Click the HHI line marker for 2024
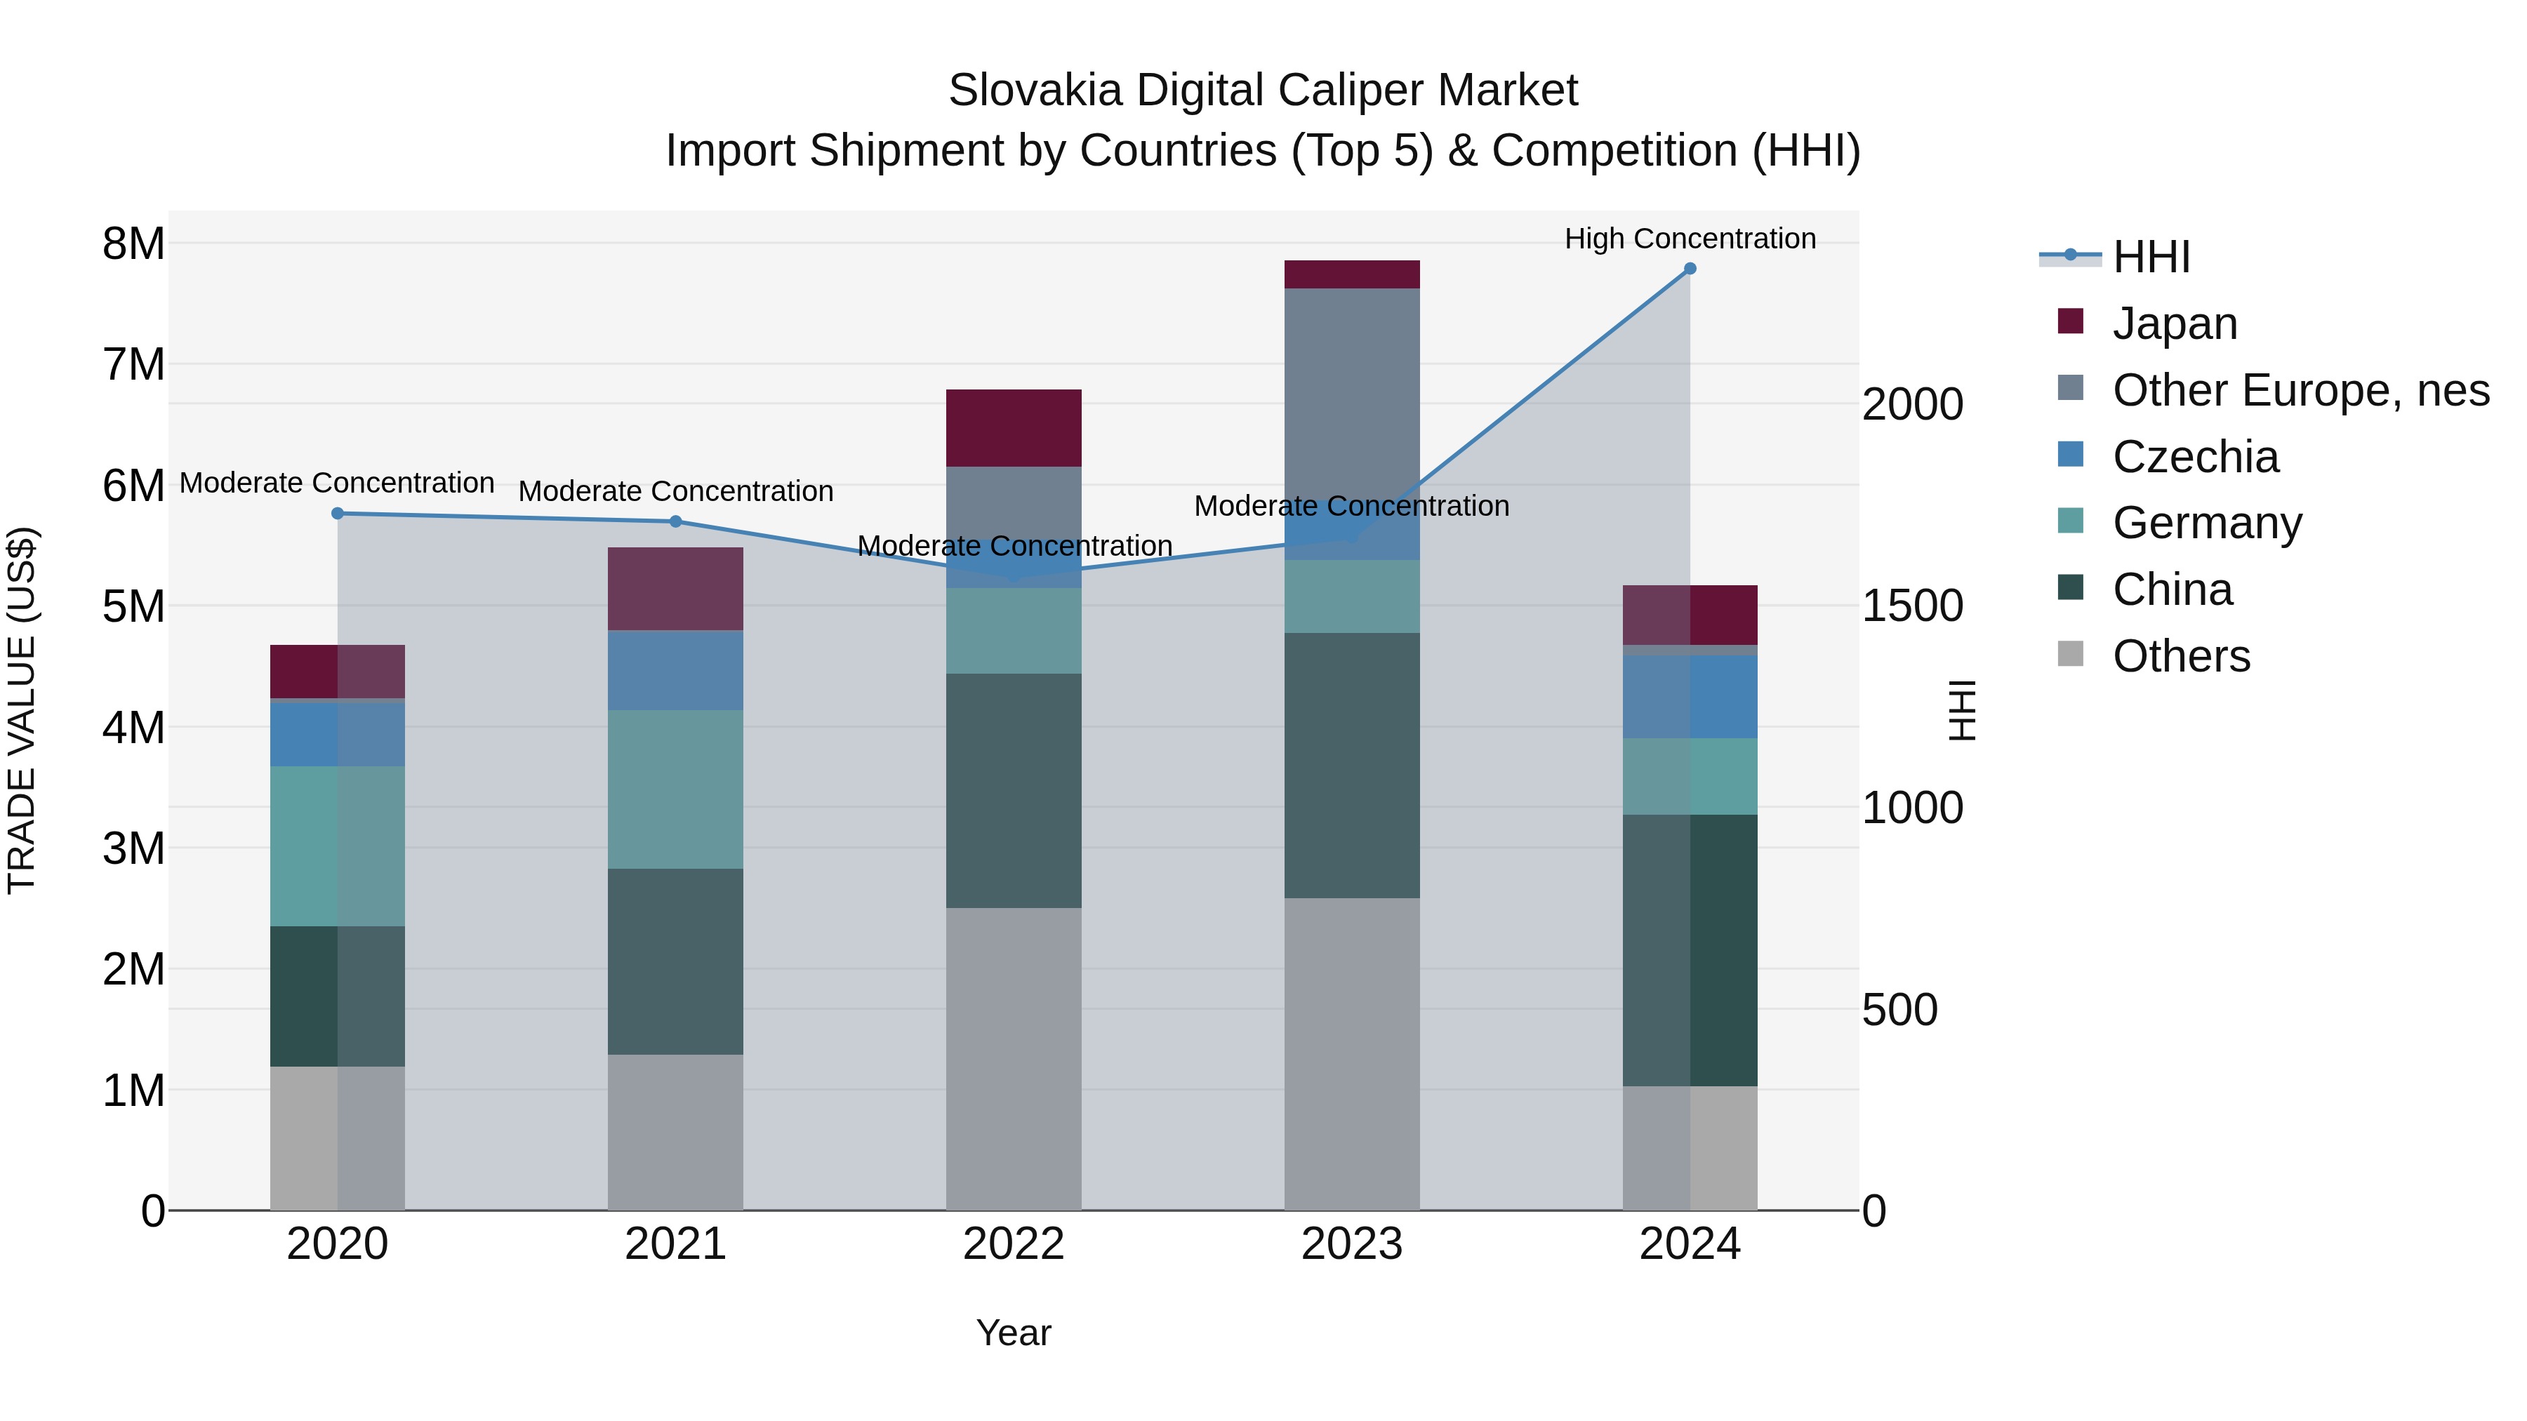[1690, 269]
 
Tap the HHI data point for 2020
[338, 513]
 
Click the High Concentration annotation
[1690, 239]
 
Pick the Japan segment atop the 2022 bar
[1014, 427]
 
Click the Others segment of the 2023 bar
[1352, 1054]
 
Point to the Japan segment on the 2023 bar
[1352, 274]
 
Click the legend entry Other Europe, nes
[2300, 390]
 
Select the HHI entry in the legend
[2150, 257]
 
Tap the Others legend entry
[2181, 656]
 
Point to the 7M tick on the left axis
[133, 365]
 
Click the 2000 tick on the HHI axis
[1912, 405]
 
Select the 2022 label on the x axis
[1014, 1244]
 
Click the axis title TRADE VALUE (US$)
[22, 710]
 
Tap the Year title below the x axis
[1014, 1333]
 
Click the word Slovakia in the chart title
[1035, 91]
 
